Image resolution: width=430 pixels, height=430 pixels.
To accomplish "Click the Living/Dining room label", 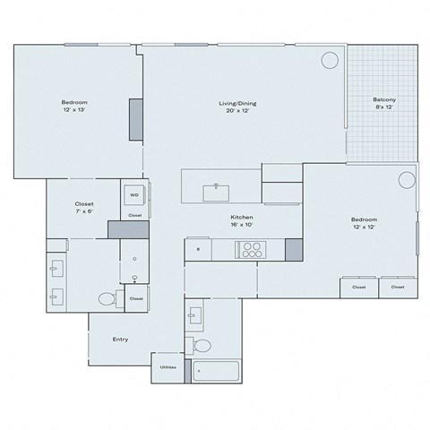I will [238, 103].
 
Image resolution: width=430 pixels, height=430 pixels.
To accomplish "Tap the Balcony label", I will [384, 99].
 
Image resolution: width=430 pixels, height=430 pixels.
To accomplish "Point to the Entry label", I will [119, 339].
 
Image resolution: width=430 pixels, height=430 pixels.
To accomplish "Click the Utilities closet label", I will [168, 367].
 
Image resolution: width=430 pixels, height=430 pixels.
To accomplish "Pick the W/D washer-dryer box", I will [134, 193].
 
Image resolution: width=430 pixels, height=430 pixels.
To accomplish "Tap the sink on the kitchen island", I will [216, 190].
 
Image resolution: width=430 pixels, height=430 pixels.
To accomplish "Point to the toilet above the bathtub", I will [202, 345].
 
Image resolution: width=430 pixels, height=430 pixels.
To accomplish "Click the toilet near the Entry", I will [106, 299].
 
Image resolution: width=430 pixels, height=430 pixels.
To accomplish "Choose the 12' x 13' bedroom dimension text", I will [73, 110].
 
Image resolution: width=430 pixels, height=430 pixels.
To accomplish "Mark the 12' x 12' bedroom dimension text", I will [363, 227].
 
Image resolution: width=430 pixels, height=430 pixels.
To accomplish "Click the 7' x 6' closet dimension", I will [84, 211].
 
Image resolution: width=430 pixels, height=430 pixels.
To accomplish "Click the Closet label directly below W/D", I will [134, 216].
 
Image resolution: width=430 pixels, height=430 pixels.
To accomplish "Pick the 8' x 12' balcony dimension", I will [384, 107].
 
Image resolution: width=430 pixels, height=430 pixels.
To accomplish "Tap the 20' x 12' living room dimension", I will [238, 111].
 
